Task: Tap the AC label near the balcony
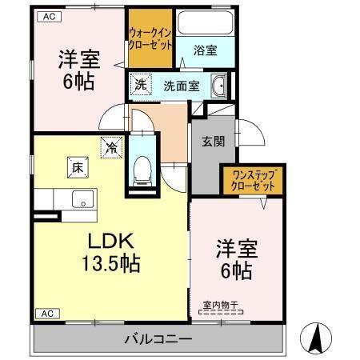coord(48,314)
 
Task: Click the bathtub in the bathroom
coord(204,24)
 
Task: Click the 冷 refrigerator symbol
coord(111,146)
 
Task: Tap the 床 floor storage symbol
coord(76,168)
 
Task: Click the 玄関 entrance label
coord(212,142)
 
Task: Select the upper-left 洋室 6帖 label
coord(78,70)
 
